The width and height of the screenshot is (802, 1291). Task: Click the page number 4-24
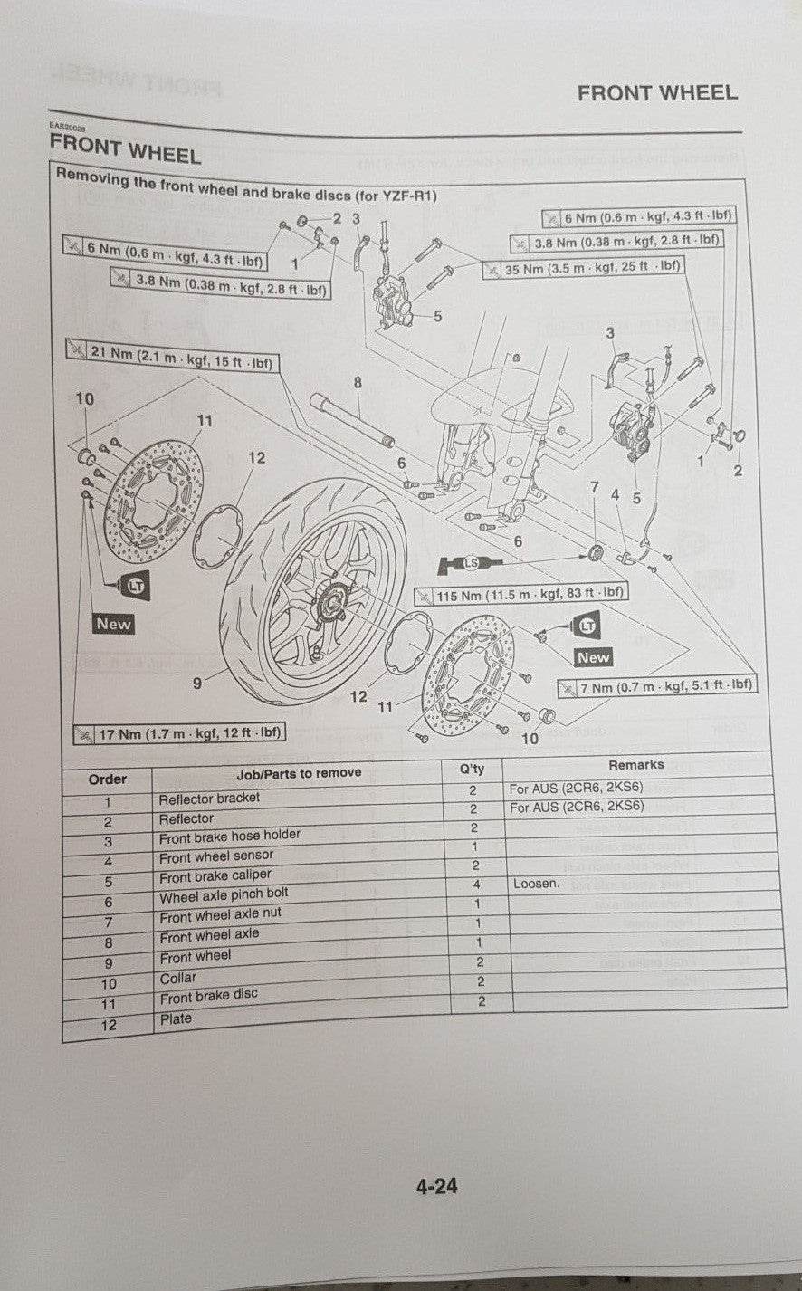click(x=436, y=1185)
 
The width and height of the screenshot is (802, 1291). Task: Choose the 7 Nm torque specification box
click(x=656, y=686)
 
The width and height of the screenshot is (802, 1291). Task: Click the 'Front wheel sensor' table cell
click(x=216, y=856)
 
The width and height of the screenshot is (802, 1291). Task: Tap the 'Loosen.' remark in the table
click(x=536, y=883)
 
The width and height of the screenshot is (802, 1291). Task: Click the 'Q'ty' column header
click(x=472, y=769)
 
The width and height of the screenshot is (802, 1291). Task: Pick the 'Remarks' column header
click(x=636, y=765)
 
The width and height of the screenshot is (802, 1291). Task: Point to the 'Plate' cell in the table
click(x=176, y=1018)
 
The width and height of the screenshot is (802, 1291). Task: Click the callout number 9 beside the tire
click(x=197, y=684)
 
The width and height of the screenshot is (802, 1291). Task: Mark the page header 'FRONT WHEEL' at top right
click(x=657, y=92)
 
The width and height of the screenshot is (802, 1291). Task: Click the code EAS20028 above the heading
click(x=67, y=128)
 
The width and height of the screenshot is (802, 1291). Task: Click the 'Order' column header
click(x=108, y=779)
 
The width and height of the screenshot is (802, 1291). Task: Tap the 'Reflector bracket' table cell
click(x=209, y=799)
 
